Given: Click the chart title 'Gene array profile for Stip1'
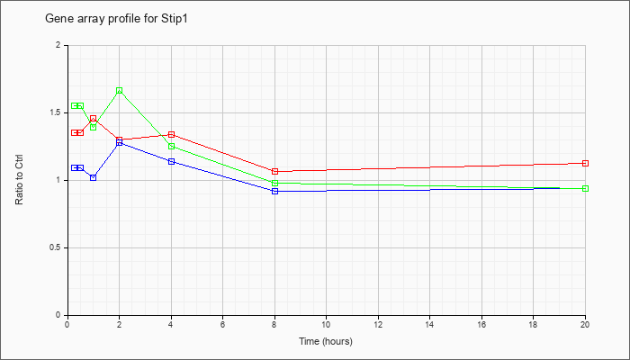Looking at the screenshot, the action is point(116,19).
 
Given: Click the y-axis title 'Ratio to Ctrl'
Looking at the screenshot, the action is point(19,179).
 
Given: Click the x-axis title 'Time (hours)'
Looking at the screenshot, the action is point(326,341).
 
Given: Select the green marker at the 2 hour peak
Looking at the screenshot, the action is point(120,91).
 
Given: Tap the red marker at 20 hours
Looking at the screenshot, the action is point(585,163).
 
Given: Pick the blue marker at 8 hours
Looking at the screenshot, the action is point(274,191).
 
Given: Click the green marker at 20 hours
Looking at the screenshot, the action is point(585,188).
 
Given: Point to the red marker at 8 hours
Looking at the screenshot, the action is point(274,172).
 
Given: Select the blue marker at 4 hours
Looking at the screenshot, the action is point(172,161).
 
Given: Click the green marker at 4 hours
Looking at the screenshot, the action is point(172,146).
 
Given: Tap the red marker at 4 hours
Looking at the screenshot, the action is point(172,134).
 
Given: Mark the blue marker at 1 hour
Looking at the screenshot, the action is point(94,177).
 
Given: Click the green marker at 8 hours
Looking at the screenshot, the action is point(274,184).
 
